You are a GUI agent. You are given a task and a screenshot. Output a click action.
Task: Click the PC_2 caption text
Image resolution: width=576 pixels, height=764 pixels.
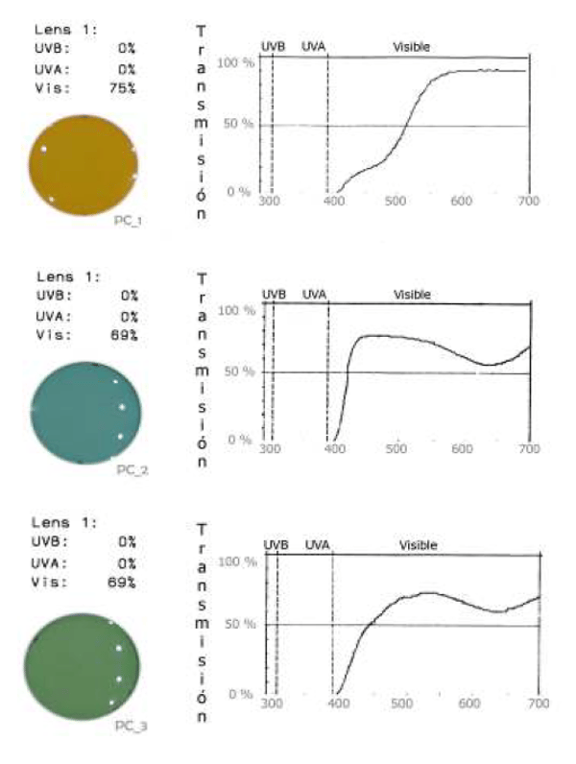131,470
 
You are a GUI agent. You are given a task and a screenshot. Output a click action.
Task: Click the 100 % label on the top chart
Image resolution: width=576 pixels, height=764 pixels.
234,63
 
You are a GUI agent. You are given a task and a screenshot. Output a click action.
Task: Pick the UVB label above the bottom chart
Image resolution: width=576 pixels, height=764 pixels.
276,545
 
